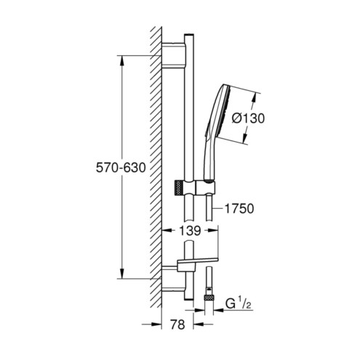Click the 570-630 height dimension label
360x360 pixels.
tap(121, 167)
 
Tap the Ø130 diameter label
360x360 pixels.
tap(248, 119)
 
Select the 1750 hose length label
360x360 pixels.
tap(239, 209)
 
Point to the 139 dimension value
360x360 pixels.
tap(190, 231)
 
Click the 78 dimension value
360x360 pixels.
tap(177, 324)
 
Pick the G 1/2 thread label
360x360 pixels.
tap(239, 304)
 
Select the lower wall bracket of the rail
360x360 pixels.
tap(173, 279)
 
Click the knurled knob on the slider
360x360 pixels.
tap(179, 188)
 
